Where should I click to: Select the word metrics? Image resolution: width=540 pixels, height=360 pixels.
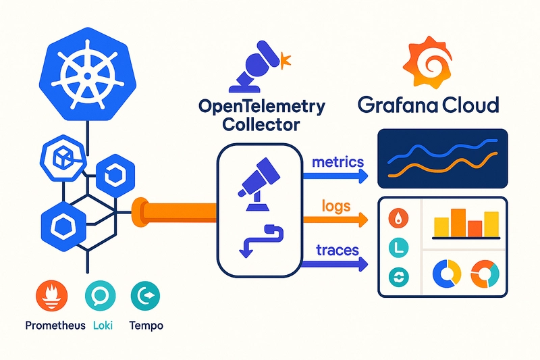click(x=338, y=162)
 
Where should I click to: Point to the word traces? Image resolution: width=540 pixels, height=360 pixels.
click(x=337, y=250)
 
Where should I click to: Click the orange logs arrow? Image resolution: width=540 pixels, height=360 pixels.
click(x=335, y=219)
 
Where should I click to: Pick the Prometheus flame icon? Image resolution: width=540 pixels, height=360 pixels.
click(x=49, y=295)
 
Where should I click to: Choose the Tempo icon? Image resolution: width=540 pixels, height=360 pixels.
click(x=145, y=295)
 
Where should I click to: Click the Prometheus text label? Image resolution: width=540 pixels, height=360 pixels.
click(x=55, y=325)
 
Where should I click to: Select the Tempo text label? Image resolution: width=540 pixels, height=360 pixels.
click(x=145, y=325)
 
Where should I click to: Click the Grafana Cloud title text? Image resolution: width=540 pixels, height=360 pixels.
click(x=429, y=105)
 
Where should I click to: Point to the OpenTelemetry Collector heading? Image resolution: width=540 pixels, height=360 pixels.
click(x=263, y=115)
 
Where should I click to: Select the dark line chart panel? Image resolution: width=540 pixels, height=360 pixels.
click(x=441, y=157)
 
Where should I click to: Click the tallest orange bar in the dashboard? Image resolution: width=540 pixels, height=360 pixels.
click(x=459, y=223)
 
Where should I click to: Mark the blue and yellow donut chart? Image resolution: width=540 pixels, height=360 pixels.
click(x=446, y=274)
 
